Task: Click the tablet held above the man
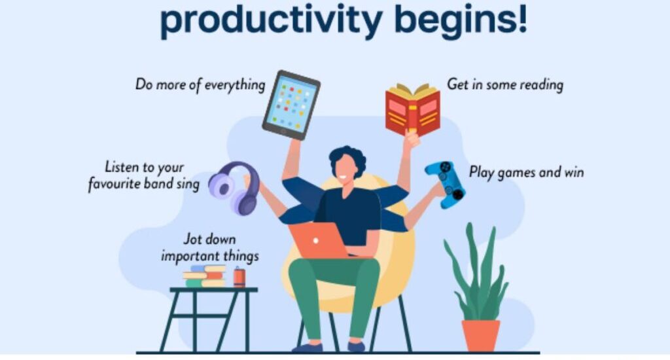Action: [x=291, y=105]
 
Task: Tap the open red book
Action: [x=413, y=110]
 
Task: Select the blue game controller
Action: [x=446, y=183]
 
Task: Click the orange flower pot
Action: [x=481, y=335]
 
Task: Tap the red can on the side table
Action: [x=239, y=277]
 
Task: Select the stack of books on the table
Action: [x=205, y=276]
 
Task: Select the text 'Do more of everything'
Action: [x=200, y=84]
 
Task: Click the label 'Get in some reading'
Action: [x=505, y=84]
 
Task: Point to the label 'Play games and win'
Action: [x=527, y=172]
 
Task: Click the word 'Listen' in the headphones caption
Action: [x=120, y=166]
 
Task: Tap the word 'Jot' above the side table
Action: [x=192, y=238]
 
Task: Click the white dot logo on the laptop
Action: [x=315, y=241]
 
